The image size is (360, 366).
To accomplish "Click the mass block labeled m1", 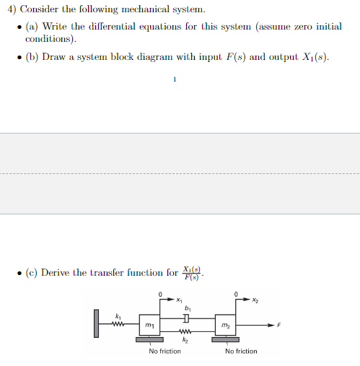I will [x=149, y=326].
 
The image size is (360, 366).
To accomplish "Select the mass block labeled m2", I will [x=226, y=326].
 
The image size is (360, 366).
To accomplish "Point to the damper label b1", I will [x=188, y=306].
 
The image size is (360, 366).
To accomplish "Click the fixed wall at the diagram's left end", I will [x=95, y=323].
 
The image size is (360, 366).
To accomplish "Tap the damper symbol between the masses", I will [x=186, y=318].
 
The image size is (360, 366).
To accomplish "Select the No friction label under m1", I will [x=164, y=352].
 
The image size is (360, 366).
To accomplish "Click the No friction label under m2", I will [x=241, y=352].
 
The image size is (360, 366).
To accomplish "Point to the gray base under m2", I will [x=226, y=339].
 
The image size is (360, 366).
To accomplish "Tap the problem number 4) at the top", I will [x=10, y=10].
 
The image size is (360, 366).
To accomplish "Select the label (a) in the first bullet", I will [x=33, y=26].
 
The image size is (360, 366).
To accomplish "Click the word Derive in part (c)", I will [x=58, y=273].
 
